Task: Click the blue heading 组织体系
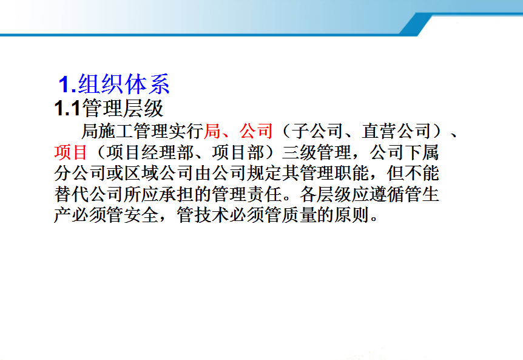pos(124,84)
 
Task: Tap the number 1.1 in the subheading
pos(67,108)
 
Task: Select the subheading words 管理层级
pos(123,108)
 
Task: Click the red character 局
pos(212,131)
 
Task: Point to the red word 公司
pos(256,131)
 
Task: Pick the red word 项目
pos(71,152)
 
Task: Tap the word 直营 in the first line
pos(379,131)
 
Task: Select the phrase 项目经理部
pos(150,152)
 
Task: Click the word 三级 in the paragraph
pos(299,152)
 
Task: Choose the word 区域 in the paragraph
pos(141,173)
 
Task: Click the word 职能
pos(352,173)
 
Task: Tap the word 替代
pos(72,194)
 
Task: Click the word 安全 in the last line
pos(141,215)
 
